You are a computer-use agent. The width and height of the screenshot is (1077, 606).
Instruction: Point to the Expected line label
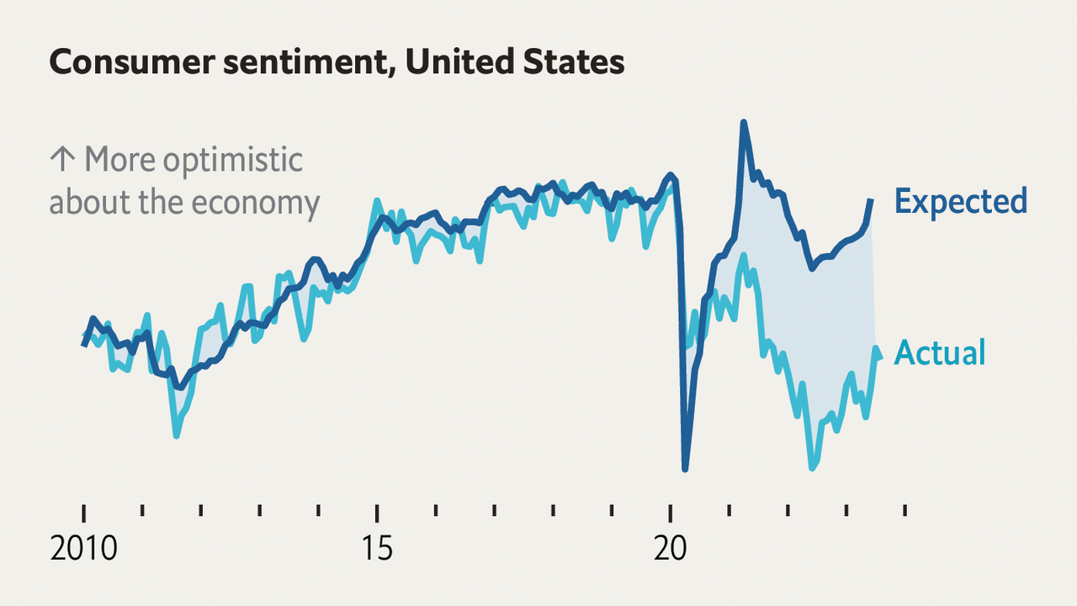tap(960, 201)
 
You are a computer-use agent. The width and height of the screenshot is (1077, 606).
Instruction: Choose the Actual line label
tap(939, 353)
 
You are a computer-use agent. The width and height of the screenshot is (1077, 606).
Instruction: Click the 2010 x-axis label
tap(84, 549)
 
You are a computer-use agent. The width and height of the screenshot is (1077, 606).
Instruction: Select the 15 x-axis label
tap(377, 549)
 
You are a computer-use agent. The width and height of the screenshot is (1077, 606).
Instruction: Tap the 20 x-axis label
tap(670, 549)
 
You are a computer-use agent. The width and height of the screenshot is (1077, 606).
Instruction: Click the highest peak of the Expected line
tap(744, 123)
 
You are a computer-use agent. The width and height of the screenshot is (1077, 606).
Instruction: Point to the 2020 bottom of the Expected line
tap(685, 469)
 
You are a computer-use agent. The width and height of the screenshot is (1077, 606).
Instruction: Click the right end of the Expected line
tap(871, 200)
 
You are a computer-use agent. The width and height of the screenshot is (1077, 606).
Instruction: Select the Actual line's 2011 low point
tap(177, 435)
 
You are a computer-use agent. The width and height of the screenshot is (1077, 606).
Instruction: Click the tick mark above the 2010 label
tap(84, 513)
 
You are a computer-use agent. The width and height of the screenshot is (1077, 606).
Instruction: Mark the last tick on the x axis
tap(905, 510)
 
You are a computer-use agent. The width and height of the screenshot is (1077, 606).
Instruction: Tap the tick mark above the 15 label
tap(377, 513)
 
